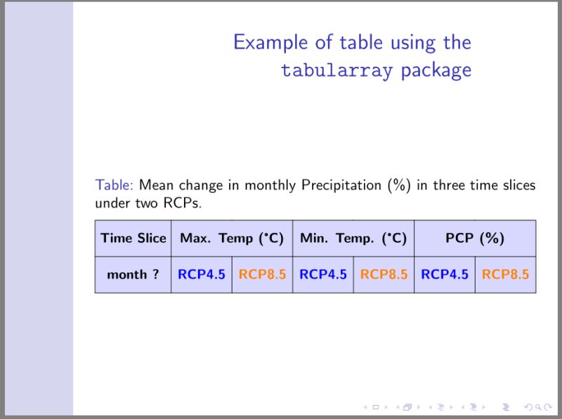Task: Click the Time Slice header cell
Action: [133, 238]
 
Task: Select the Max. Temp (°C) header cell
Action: [231, 238]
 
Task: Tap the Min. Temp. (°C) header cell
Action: [353, 238]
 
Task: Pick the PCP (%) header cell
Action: [475, 238]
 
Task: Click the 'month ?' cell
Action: [133, 274]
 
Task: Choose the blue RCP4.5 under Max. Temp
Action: [202, 274]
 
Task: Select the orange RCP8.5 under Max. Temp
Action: [262, 274]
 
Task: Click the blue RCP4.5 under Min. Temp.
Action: [323, 274]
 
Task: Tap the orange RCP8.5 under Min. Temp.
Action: [384, 274]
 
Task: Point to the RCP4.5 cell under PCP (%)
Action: [445, 274]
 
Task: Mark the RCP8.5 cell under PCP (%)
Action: [505, 274]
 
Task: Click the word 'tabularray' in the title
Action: [336, 71]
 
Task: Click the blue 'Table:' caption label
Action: [114, 186]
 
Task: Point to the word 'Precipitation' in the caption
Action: [341, 186]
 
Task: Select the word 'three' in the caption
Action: [450, 186]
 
